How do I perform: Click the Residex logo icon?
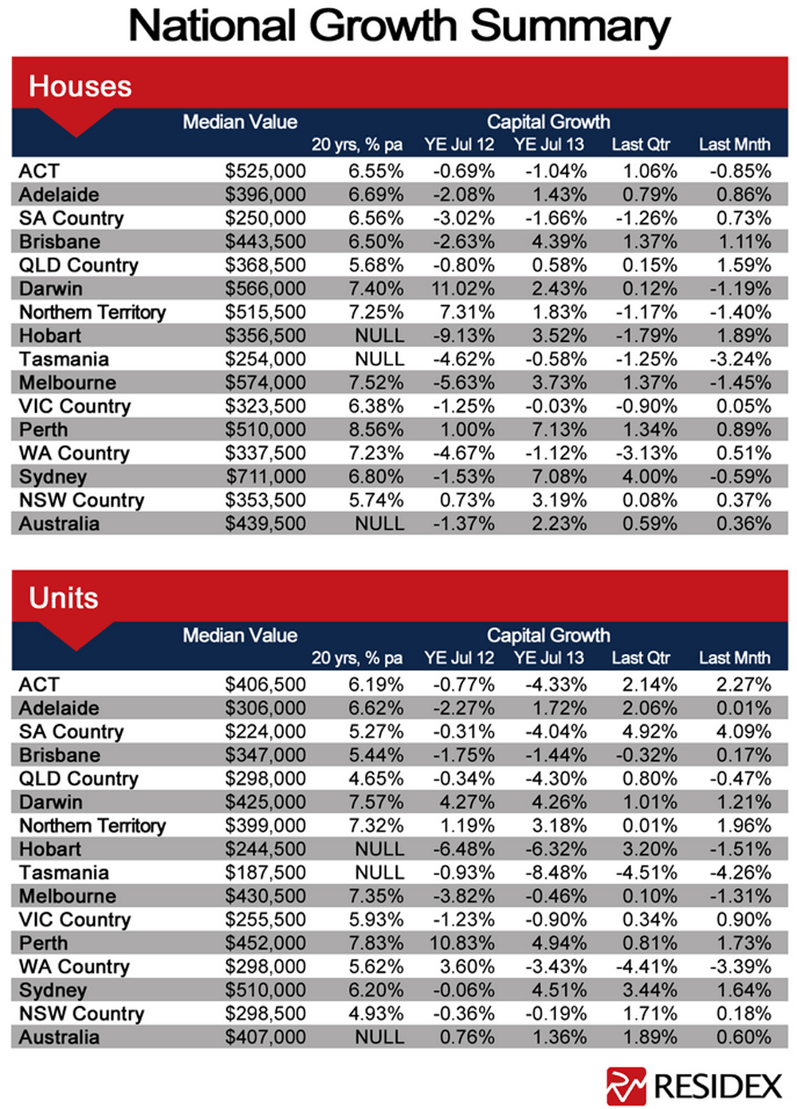[626, 1086]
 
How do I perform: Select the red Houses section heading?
[80, 86]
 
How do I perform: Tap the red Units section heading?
[64, 598]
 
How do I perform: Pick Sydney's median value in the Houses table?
[266, 476]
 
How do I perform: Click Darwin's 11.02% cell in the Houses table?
[462, 288]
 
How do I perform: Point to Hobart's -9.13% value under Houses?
[464, 335]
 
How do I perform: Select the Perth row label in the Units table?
[44, 942]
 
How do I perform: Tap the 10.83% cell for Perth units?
[461, 942]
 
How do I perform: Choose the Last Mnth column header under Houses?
[735, 144]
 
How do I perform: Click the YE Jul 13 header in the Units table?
[549, 657]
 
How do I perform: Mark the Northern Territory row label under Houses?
[92, 312]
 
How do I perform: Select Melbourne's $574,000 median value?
[265, 382]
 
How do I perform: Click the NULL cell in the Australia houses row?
[379, 523]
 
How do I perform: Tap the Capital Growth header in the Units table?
[548, 635]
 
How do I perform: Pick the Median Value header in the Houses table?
[240, 122]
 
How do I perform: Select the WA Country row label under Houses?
[74, 453]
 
